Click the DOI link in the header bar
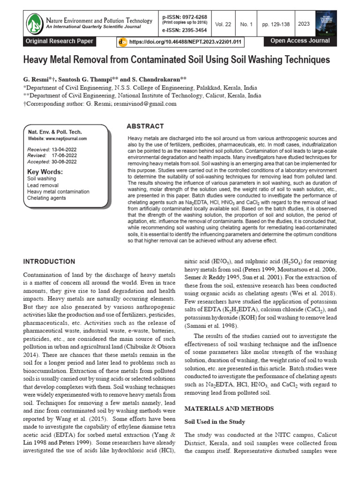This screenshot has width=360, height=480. click(x=185, y=42)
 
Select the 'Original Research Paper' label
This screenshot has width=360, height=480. click(x=60, y=41)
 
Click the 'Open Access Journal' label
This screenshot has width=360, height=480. click(x=300, y=41)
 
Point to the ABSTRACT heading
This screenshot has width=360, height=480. click(x=145, y=127)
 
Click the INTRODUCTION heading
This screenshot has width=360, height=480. click(x=49, y=261)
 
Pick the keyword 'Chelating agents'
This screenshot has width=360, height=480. click(x=46, y=198)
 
